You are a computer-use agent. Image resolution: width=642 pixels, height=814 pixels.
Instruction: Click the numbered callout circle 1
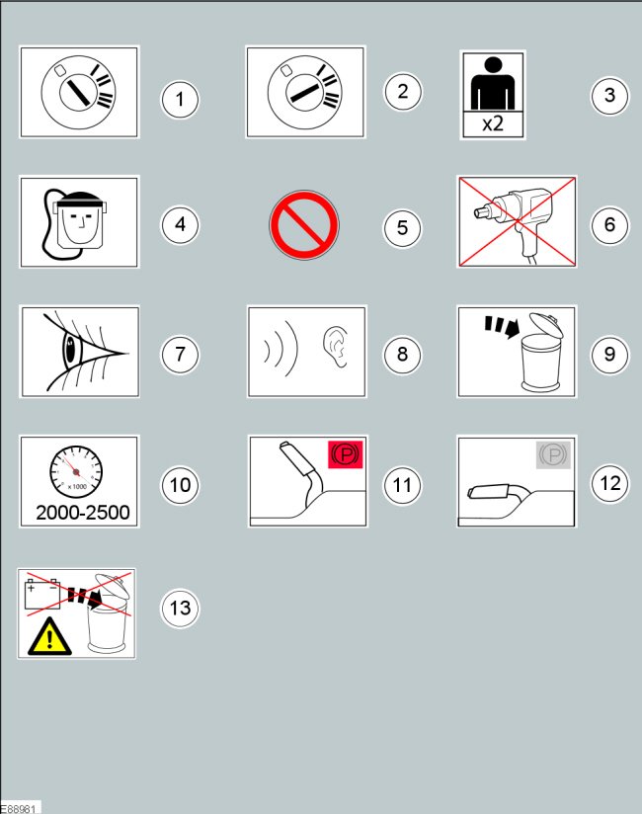click(x=180, y=99)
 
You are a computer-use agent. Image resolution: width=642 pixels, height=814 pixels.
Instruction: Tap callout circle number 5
click(x=402, y=227)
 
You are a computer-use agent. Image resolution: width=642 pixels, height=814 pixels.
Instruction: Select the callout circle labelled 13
click(x=180, y=608)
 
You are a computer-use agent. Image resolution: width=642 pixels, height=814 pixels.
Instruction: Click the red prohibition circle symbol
click(x=304, y=225)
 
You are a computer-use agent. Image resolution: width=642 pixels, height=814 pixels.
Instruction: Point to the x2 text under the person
click(x=493, y=123)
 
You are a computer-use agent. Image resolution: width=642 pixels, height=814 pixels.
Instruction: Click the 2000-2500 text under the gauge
click(x=83, y=513)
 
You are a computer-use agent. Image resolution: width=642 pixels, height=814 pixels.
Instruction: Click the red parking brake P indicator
click(x=345, y=454)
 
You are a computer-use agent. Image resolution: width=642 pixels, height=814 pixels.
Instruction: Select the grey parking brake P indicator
click(x=553, y=455)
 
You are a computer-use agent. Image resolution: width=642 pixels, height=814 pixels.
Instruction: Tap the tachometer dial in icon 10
click(x=76, y=471)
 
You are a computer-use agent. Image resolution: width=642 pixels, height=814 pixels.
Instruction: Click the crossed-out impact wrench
click(x=516, y=221)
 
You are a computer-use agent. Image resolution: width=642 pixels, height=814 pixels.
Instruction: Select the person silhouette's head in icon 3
click(x=493, y=65)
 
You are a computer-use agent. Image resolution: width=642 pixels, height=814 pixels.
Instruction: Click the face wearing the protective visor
click(x=80, y=223)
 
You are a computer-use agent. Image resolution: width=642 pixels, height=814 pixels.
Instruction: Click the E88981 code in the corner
click(x=18, y=809)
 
